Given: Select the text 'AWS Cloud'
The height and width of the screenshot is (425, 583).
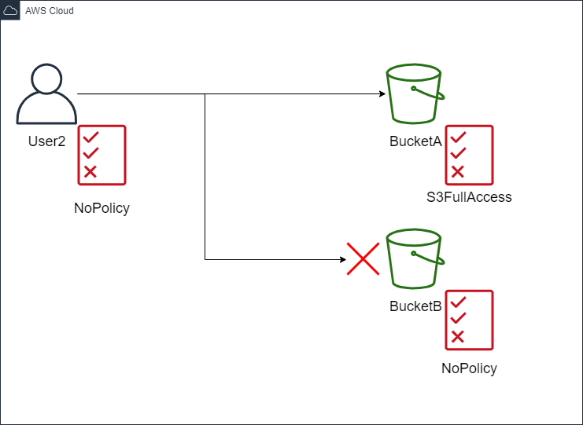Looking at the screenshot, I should (x=50, y=11).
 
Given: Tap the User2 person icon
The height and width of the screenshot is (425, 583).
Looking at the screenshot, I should (x=46, y=94).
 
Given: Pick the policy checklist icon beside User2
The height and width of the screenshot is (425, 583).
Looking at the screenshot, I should (x=101, y=155).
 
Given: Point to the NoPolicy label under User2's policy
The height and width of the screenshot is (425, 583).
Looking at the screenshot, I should (x=101, y=208).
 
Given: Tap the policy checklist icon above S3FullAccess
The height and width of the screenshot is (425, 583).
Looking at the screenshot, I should (x=469, y=155).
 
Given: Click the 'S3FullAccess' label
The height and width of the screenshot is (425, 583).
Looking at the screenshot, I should (x=469, y=197).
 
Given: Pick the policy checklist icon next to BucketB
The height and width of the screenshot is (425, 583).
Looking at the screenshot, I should (x=469, y=320).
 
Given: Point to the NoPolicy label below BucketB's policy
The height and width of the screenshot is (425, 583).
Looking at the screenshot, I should (x=469, y=368).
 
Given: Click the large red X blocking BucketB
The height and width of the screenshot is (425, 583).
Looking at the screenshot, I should (x=363, y=258).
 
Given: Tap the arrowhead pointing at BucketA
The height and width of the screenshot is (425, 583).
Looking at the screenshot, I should (x=382, y=94).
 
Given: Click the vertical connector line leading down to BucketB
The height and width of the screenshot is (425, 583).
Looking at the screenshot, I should (x=205, y=177).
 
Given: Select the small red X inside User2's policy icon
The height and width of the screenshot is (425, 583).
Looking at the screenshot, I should (x=90, y=171).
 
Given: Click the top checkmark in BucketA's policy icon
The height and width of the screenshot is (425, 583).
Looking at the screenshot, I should (x=457, y=137).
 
